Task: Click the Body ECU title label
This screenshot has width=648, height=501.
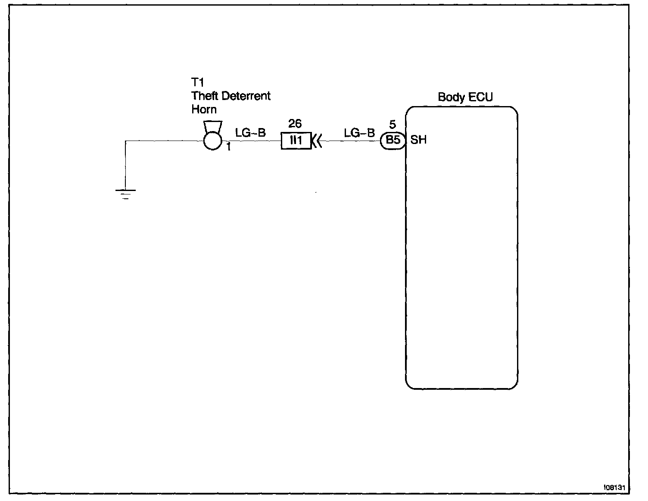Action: click(x=465, y=97)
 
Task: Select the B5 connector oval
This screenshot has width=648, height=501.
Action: click(x=393, y=140)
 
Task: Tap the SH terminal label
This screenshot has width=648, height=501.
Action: click(x=418, y=140)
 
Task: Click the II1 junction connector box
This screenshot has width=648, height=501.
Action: click(x=296, y=141)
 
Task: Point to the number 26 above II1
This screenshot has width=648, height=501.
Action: click(x=295, y=124)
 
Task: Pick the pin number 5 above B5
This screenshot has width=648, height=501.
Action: click(x=392, y=125)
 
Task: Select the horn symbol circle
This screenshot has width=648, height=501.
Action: click(x=212, y=141)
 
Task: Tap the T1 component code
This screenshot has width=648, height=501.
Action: click(x=197, y=82)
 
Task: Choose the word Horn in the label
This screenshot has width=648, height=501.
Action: click(x=204, y=109)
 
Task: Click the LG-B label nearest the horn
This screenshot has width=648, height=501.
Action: click(x=250, y=133)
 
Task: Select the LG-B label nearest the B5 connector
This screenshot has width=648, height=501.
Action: click(x=359, y=133)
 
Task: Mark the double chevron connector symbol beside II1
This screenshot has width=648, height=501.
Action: click(x=317, y=141)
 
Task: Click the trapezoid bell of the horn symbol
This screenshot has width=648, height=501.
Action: click(x=213, y=126)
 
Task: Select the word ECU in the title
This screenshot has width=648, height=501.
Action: click(x=481, y=97)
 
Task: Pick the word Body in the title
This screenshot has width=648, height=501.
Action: click(x=450, y=97)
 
